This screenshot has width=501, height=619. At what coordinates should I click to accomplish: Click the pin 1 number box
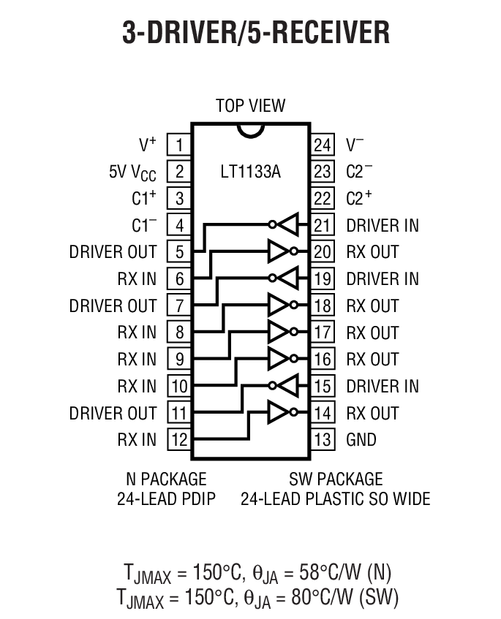(179, 144)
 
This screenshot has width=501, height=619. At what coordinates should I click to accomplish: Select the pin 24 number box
(322, 144)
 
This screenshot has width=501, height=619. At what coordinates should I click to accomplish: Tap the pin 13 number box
(322, 439)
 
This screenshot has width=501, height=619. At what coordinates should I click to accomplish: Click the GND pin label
(361, 439)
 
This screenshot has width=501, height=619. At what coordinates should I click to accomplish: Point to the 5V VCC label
(132, 172)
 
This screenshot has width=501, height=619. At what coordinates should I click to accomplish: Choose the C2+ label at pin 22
(359, 198)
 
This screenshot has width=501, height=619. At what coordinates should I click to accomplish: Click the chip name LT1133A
(250, 172)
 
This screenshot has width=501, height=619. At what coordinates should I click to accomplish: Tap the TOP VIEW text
(250, 106)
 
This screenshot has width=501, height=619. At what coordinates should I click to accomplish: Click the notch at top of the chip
(250, 129)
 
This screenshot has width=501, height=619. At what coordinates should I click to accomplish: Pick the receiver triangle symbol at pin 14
(279, 413)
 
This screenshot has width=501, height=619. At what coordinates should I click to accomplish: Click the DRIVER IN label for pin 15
(383, 386)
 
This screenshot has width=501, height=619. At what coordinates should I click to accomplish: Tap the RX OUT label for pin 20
(372, 251)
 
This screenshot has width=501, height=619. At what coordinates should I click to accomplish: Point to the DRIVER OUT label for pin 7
(113, 305)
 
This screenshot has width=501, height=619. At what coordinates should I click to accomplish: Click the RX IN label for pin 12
(137, 439)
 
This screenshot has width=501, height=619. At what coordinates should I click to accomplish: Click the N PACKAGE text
(166, 479)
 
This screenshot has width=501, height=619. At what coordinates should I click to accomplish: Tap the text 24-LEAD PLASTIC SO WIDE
(336, 499)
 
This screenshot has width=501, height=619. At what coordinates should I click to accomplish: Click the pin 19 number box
(322, 278)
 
